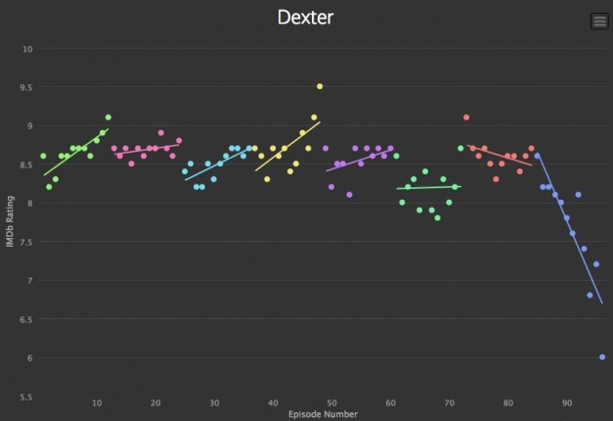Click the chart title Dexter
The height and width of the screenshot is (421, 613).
(305, 18)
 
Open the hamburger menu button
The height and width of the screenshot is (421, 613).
(599, 22)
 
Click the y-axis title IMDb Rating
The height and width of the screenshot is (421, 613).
(11, 221)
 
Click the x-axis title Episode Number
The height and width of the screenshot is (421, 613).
(323, 414)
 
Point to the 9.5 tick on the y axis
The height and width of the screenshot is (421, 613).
(27, 87)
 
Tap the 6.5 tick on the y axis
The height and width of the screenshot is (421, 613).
(27, 319)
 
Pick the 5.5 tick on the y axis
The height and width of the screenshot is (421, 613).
(27, 397)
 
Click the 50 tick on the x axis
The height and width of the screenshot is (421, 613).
(331, 402)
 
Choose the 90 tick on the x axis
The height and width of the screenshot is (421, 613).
(567, 402)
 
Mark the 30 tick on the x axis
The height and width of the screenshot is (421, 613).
(214, 402)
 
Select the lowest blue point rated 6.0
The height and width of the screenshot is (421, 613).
(602, 357)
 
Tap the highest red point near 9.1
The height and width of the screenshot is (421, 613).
(466, 117)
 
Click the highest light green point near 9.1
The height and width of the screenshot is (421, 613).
(109, 117)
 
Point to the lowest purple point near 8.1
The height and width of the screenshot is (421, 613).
(349, 195)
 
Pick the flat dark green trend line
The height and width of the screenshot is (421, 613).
(428, 187)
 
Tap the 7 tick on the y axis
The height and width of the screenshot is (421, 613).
(30, 281)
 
